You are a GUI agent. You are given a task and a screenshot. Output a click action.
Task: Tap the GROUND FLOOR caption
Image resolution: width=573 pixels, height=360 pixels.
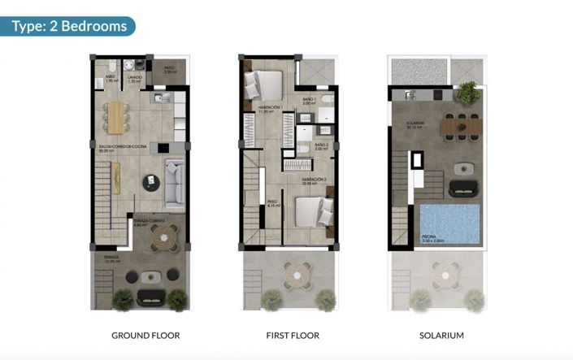[x=145, y=335]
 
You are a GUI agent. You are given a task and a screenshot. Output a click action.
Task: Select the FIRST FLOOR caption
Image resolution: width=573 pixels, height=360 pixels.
[x=293, y=335]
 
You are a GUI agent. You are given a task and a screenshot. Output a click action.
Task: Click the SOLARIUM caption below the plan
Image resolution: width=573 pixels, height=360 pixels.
[x=441, y=335]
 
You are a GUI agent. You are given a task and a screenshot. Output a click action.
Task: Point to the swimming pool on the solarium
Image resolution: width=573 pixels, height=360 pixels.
[x=450, y=226]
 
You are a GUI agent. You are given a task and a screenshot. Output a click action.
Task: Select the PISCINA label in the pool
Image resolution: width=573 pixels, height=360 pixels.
[x=434, y=238]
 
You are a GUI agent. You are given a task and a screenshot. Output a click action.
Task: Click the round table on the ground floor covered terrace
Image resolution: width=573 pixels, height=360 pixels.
[x=166, y=239]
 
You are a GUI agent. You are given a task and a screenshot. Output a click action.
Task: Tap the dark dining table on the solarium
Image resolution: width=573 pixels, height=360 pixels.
[x=460, y=124]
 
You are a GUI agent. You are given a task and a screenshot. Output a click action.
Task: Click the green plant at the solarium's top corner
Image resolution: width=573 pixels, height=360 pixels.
[x=467, y=93]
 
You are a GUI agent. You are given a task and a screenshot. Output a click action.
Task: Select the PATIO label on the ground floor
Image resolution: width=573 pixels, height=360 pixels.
[x=169, y=70]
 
